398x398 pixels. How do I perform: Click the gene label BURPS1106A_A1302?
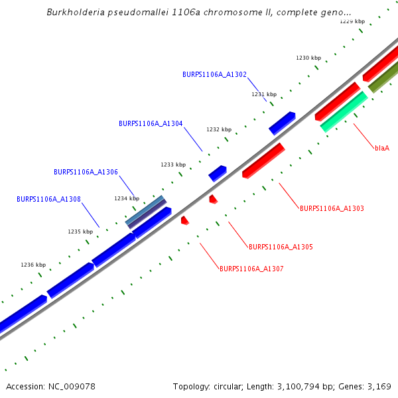tap(214, 74)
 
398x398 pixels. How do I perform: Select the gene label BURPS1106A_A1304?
tap(151, 123)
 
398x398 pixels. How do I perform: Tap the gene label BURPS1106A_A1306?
tap(86, 172)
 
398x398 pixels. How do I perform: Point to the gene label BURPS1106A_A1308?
tap(48, 199)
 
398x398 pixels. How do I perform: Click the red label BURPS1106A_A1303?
tap(332, 208)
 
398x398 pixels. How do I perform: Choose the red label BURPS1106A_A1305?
tap(281, 247)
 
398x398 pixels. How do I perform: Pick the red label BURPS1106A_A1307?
tap(251, 269)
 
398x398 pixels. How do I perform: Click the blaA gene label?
tap(381, 148)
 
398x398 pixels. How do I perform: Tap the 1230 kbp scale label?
tap(307, 58)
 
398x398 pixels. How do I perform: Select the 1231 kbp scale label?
tap(263, 94)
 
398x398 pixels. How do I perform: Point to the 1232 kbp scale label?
tap(219, 129)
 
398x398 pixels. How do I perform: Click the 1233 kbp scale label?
tap(173, 165)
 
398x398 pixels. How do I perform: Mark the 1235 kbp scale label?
tap(80, 232)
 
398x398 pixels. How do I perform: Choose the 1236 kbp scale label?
tap(33, 265)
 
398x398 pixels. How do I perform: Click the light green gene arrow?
tap(344, 111)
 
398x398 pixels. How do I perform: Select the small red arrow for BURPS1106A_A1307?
tap(185, 220)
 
